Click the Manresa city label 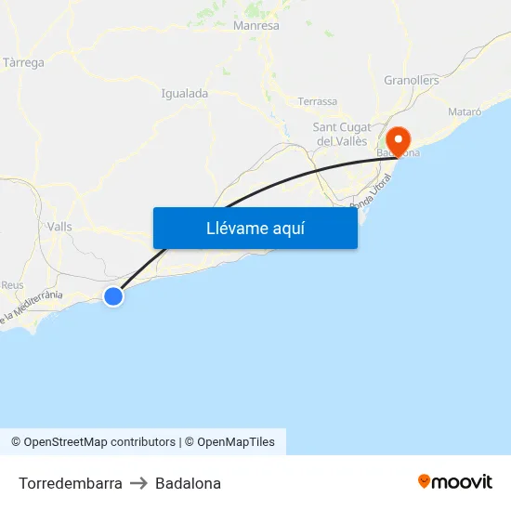[257, 26]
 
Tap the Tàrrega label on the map [24, 63]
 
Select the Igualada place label [184, 93]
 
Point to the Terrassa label [318, 101]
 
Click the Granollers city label [412, 81]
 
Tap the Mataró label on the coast [465, 111]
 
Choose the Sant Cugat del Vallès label [343, 134]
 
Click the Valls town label [59, 227]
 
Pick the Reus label [13, 285]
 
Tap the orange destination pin [400, 141]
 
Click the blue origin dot [113, 296]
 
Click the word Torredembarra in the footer [70, 483]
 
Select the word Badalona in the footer [189, 483]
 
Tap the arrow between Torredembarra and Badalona [138, 483]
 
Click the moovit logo [455, 481]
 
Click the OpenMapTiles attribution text [235, 442]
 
